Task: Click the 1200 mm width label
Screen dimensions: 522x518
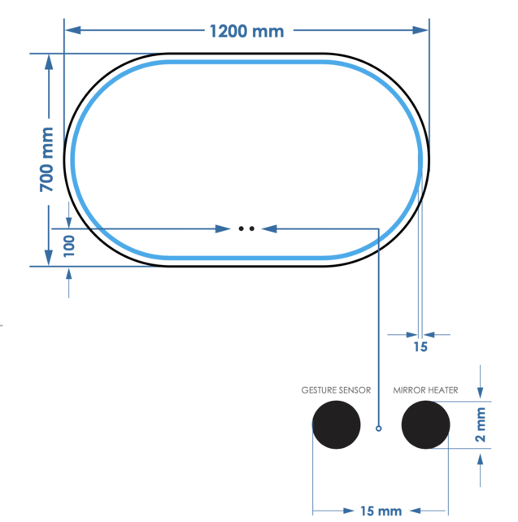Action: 246,31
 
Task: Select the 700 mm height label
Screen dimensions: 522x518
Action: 47,159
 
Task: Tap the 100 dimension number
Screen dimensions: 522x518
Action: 68,245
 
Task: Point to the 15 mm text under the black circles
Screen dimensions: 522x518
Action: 381,511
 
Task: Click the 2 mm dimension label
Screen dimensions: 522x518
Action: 481,426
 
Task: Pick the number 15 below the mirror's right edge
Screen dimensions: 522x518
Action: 420,347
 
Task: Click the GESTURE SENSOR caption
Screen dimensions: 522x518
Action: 336,390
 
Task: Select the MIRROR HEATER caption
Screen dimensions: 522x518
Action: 425,390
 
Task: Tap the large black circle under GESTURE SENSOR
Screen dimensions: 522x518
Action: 337,424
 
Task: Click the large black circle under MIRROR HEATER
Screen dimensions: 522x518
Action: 425,424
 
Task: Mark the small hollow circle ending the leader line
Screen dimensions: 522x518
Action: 379,428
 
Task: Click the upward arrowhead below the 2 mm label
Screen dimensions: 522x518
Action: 481,459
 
